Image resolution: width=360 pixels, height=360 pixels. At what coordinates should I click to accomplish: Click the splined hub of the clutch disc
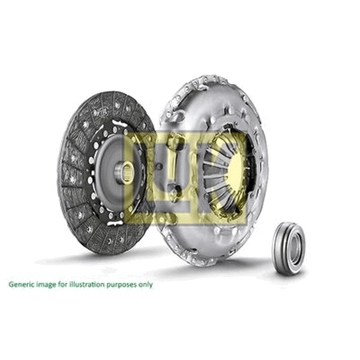pyautogui.click(x=125, y=173)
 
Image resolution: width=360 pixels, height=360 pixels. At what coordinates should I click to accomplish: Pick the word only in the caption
pyautogui.click(x=144, y=284)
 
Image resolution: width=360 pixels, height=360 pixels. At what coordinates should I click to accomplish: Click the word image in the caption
pyautogui.click(x=46, y=284)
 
